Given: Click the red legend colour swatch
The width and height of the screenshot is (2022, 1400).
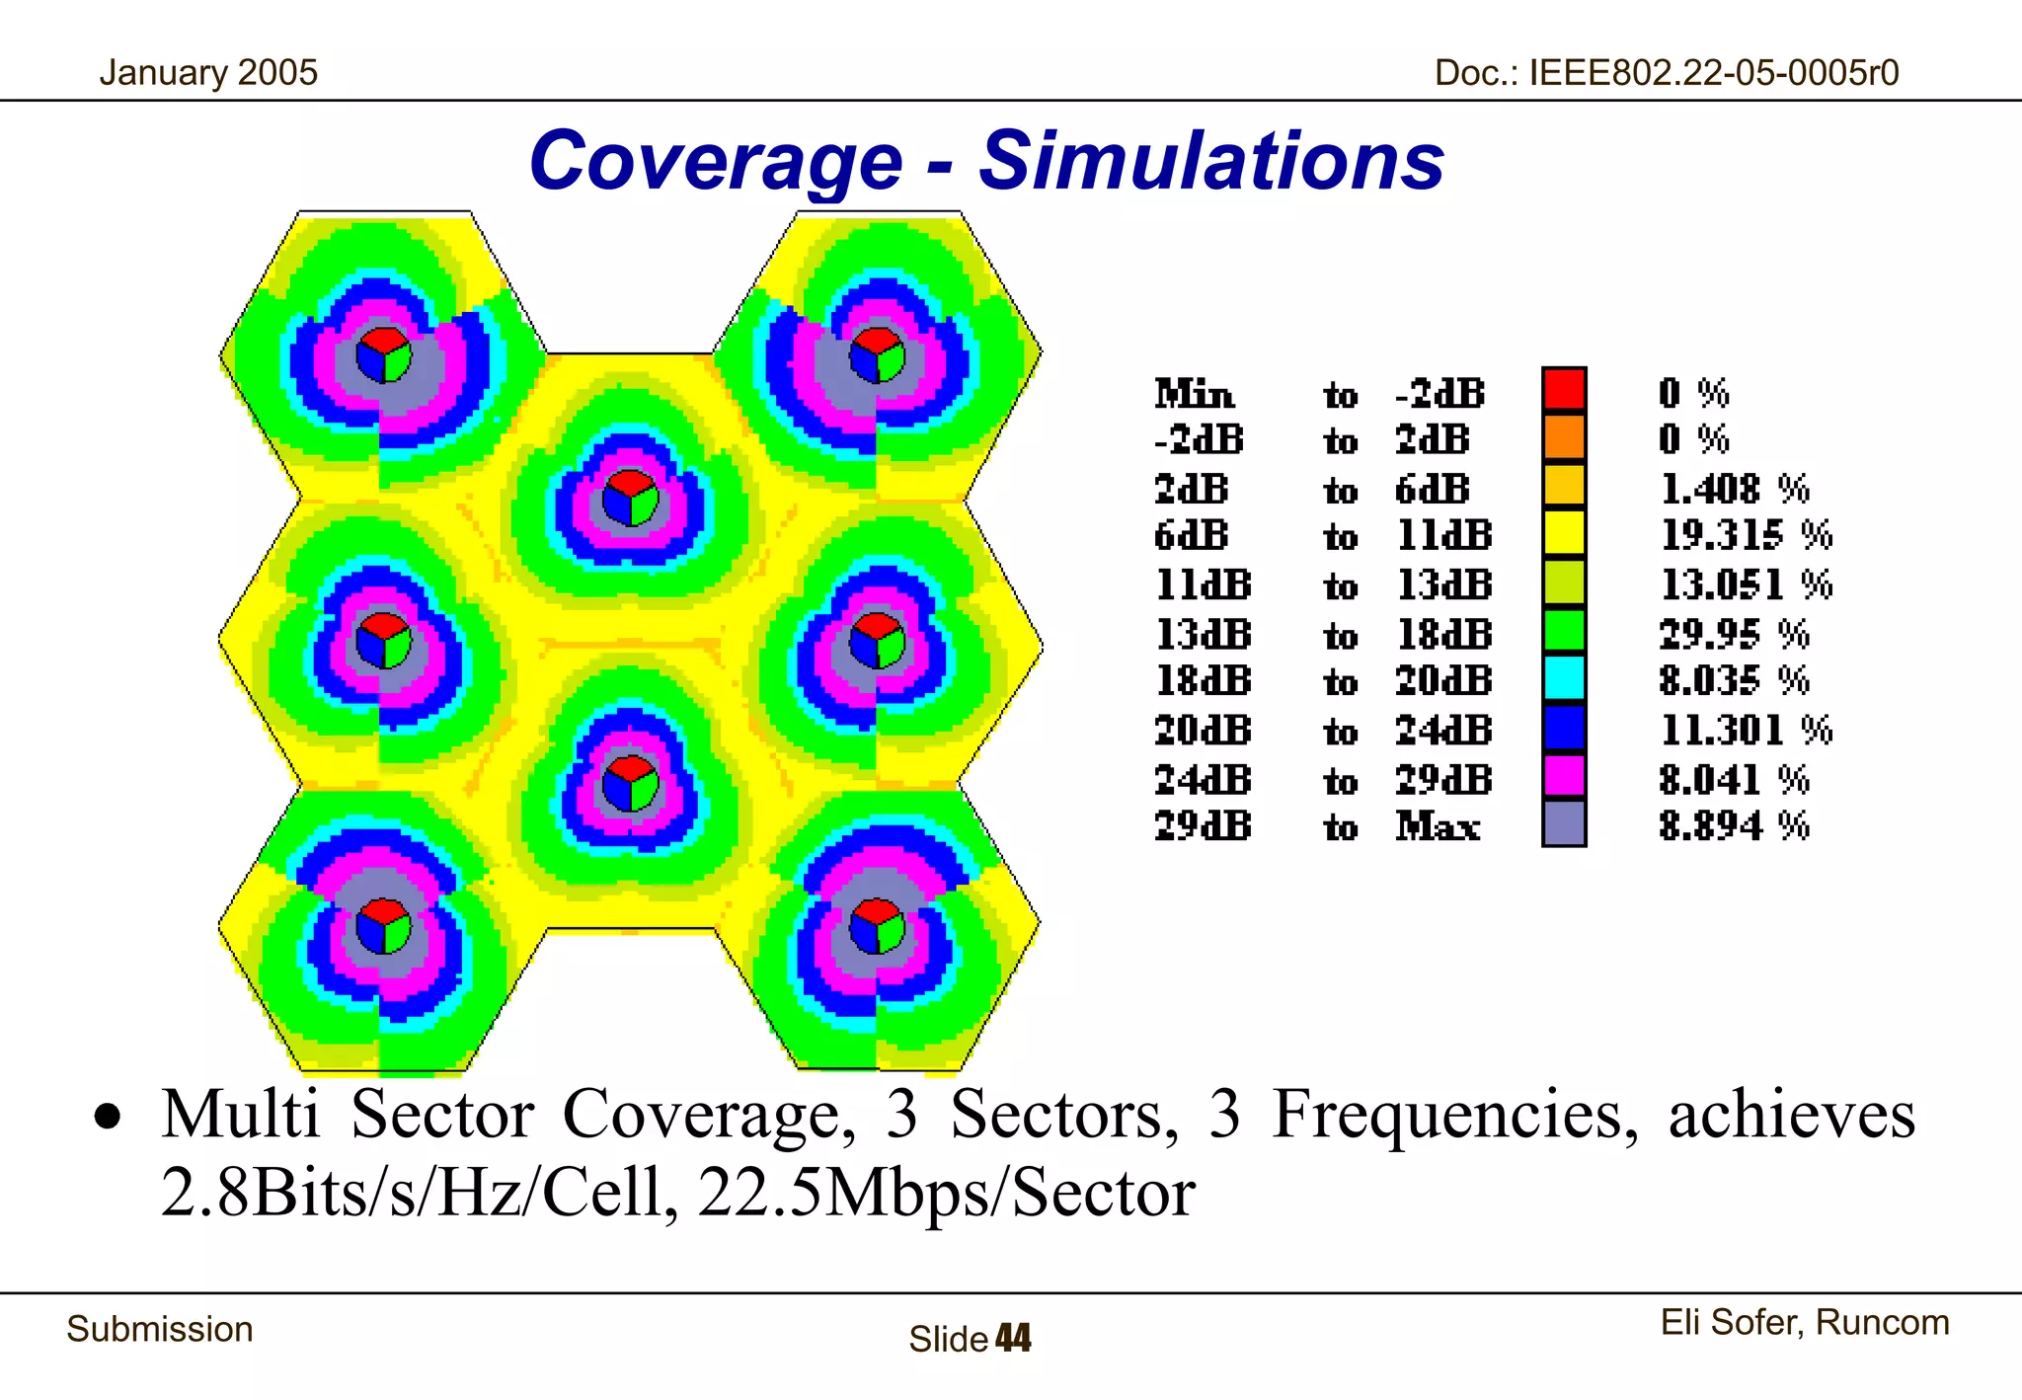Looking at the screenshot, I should click(1564, 389).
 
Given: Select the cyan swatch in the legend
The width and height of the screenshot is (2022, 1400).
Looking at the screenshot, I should click(1564, 679).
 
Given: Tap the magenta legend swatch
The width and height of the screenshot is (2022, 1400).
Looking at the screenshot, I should click(1564, 776).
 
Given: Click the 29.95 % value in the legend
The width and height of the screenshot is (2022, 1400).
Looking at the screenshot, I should click(1733, 634).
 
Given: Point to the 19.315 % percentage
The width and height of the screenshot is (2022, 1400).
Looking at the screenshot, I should click(1745, 535).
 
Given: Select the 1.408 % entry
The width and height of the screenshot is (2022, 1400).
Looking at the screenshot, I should click(1733, 489).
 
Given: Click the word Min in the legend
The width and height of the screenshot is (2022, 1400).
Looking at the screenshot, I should click(1194, 394).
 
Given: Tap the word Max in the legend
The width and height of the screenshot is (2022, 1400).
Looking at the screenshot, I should click(1437, 825).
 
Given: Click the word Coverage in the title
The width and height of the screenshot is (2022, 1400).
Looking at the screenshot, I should click(716, 161).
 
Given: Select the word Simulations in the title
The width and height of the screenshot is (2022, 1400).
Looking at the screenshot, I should click(1211, 161).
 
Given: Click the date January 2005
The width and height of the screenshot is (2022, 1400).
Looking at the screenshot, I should click(208, 73).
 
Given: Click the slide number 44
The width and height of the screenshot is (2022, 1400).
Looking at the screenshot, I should click(1013, 1339).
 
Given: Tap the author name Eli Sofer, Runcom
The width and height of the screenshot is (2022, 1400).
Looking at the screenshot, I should click(1804, 1322).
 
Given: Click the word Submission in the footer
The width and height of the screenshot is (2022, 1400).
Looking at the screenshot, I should click(160, 1329).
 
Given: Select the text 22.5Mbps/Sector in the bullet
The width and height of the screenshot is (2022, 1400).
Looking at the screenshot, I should click(946, 1192).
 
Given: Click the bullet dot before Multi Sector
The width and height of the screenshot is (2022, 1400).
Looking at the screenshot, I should click(108, 1117).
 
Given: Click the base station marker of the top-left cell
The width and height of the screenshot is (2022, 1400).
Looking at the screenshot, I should click(383, 354).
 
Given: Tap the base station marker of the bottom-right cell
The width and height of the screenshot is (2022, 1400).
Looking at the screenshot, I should click(877, 926).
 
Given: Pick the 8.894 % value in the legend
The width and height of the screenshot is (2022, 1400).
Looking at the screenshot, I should click(1733, 825).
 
